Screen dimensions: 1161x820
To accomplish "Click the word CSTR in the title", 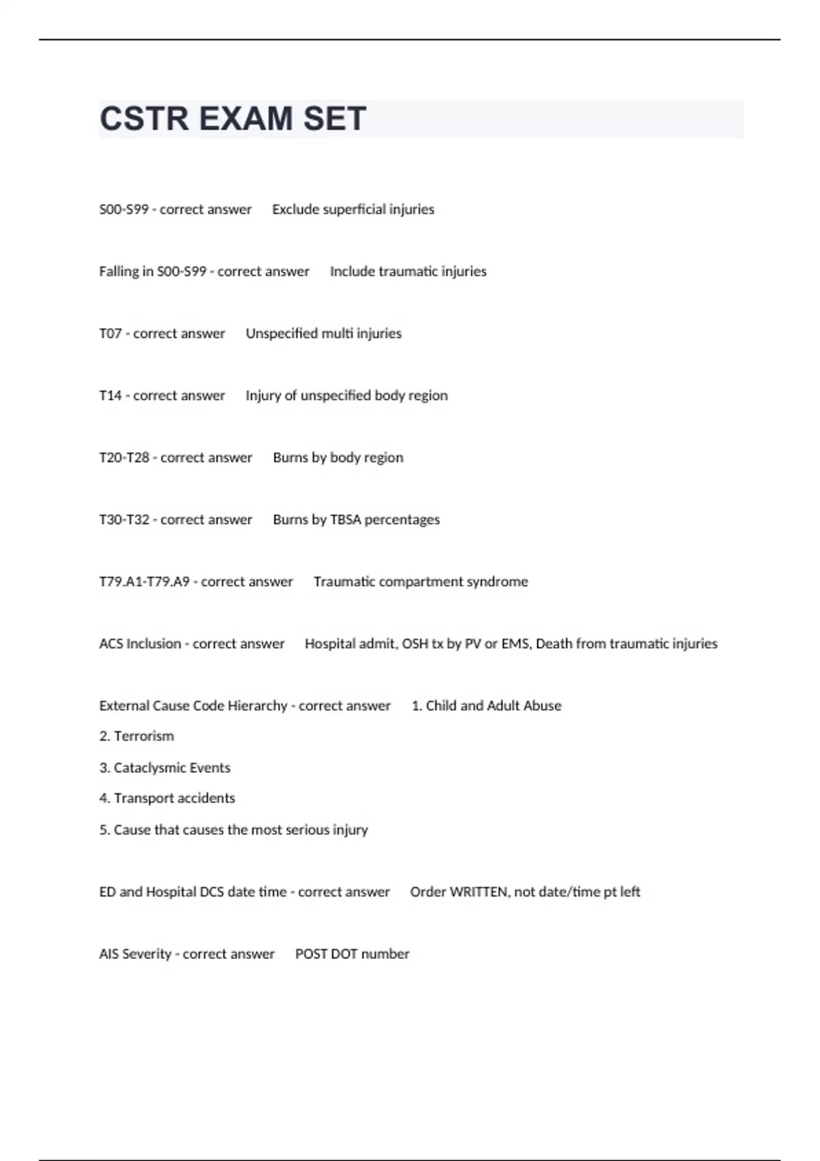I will click(x=144, y=119).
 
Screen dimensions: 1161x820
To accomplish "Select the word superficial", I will click(x=353, y=210).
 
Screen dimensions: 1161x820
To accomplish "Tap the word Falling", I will click(x=119, y=272).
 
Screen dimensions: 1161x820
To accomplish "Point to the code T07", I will click(x=110, y=334).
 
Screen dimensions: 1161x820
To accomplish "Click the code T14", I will click(x=110, y=396).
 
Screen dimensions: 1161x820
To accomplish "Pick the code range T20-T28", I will click(x=124, y=458).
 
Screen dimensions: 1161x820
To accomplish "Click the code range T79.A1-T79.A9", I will click(x=144, y=582).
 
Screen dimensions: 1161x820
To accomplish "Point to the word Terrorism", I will click(x=143, y=736).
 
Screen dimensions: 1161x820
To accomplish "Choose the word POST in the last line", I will click(x=311, y=954).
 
